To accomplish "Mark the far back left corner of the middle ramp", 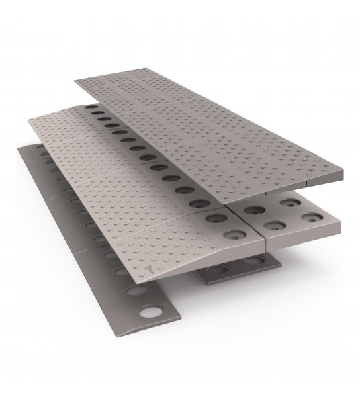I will point(28,119).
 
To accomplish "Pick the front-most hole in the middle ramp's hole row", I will point(234,235).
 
